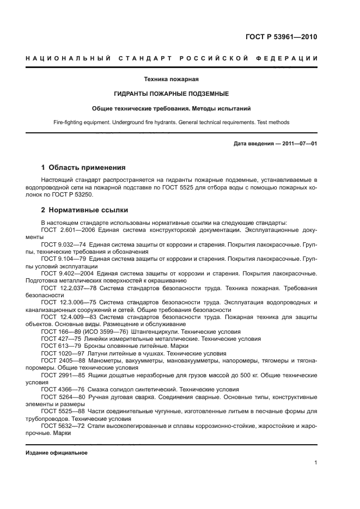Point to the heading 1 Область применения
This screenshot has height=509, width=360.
(x=83, y=168)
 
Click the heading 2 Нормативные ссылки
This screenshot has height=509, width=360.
(x=85, y=210)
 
